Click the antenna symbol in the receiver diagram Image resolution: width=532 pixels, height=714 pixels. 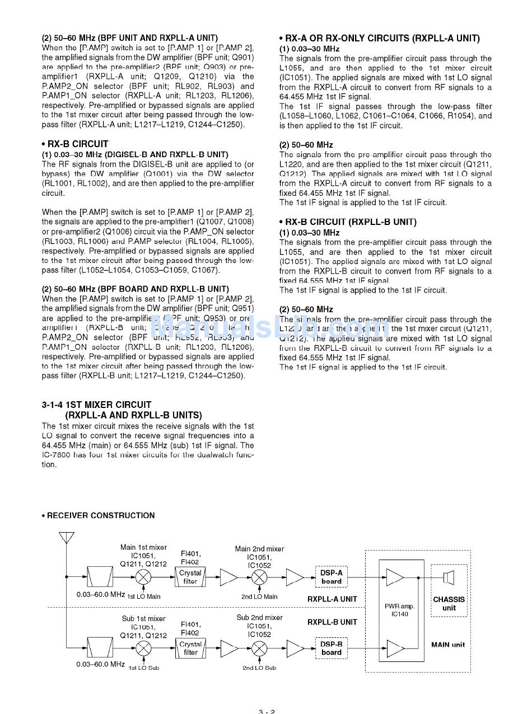coord(66,538)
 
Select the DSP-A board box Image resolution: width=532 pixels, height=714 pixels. coord(332,577)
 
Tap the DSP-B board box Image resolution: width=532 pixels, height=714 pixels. coord(332,648)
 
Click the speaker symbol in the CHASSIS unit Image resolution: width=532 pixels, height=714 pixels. coord(448,577)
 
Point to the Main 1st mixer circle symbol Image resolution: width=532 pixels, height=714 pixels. coord(144,577)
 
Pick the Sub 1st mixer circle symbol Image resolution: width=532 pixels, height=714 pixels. coord(144,648)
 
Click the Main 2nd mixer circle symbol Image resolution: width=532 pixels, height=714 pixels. coord(259,577)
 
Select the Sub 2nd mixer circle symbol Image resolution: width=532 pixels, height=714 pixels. coord(259,648)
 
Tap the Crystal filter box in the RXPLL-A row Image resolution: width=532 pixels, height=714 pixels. coord(190,577)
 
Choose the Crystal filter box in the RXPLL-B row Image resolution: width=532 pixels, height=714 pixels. coord(190,648)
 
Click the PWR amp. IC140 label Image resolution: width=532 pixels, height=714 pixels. coord(400,610)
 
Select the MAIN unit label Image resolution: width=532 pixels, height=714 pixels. coord(448,645)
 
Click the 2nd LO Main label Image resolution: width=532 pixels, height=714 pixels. coord(259,596)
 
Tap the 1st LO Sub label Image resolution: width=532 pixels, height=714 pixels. coord(144,668)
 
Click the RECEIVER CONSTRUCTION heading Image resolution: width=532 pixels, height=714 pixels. coord(100,515)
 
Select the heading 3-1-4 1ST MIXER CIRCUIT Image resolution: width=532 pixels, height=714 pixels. coord(96,405)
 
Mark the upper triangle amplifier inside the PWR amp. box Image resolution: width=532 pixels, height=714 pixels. coord(395,577)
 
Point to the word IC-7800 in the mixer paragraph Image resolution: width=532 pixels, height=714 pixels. coord(57,455)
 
